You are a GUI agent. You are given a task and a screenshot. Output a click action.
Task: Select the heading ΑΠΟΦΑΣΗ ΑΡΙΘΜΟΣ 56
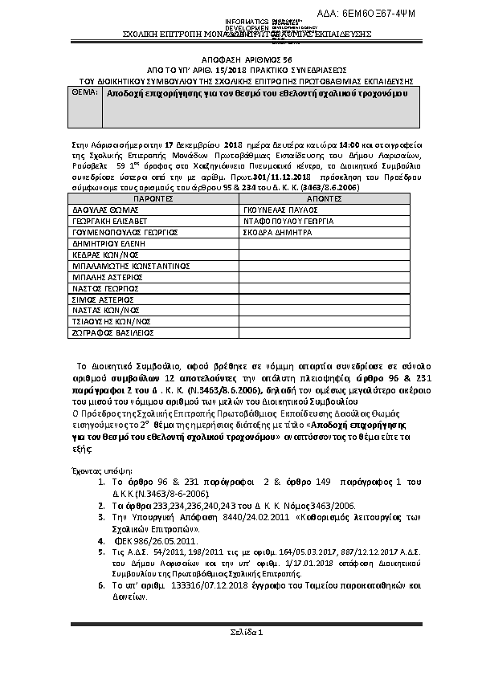pyautogui.click(x=239, y=60)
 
